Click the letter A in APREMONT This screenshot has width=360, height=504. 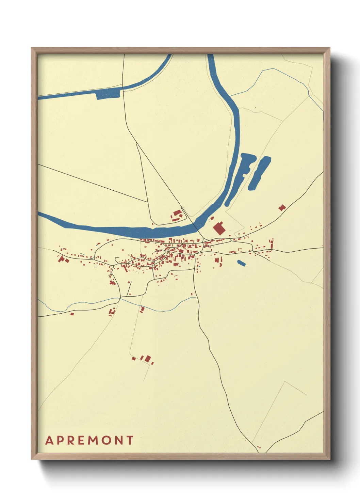tap(49, 440)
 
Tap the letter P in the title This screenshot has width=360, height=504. tap(61, 440)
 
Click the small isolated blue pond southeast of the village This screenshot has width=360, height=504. tap(241, 263)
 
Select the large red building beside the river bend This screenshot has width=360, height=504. tap(219, 228)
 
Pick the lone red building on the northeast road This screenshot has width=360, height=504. tap(282, 207)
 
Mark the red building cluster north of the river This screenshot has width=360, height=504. tap(177, 216)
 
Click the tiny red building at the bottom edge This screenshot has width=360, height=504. tap(259, 447)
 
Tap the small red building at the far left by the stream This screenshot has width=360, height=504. tap(72, 314)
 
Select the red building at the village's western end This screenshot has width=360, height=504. tap(62, 259)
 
